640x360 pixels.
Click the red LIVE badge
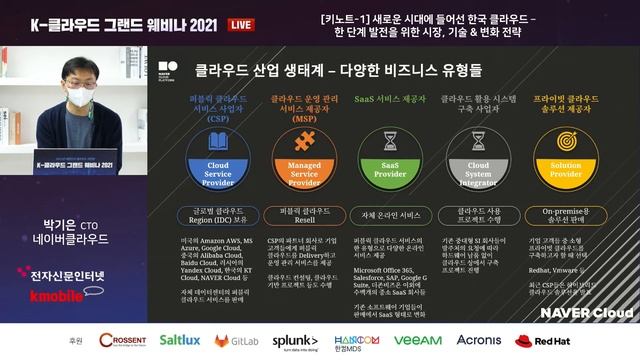267,23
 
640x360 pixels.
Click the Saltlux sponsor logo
180,340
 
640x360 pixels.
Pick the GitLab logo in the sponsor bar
237,340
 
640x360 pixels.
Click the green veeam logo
417,340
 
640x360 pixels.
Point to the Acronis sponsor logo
478,340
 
